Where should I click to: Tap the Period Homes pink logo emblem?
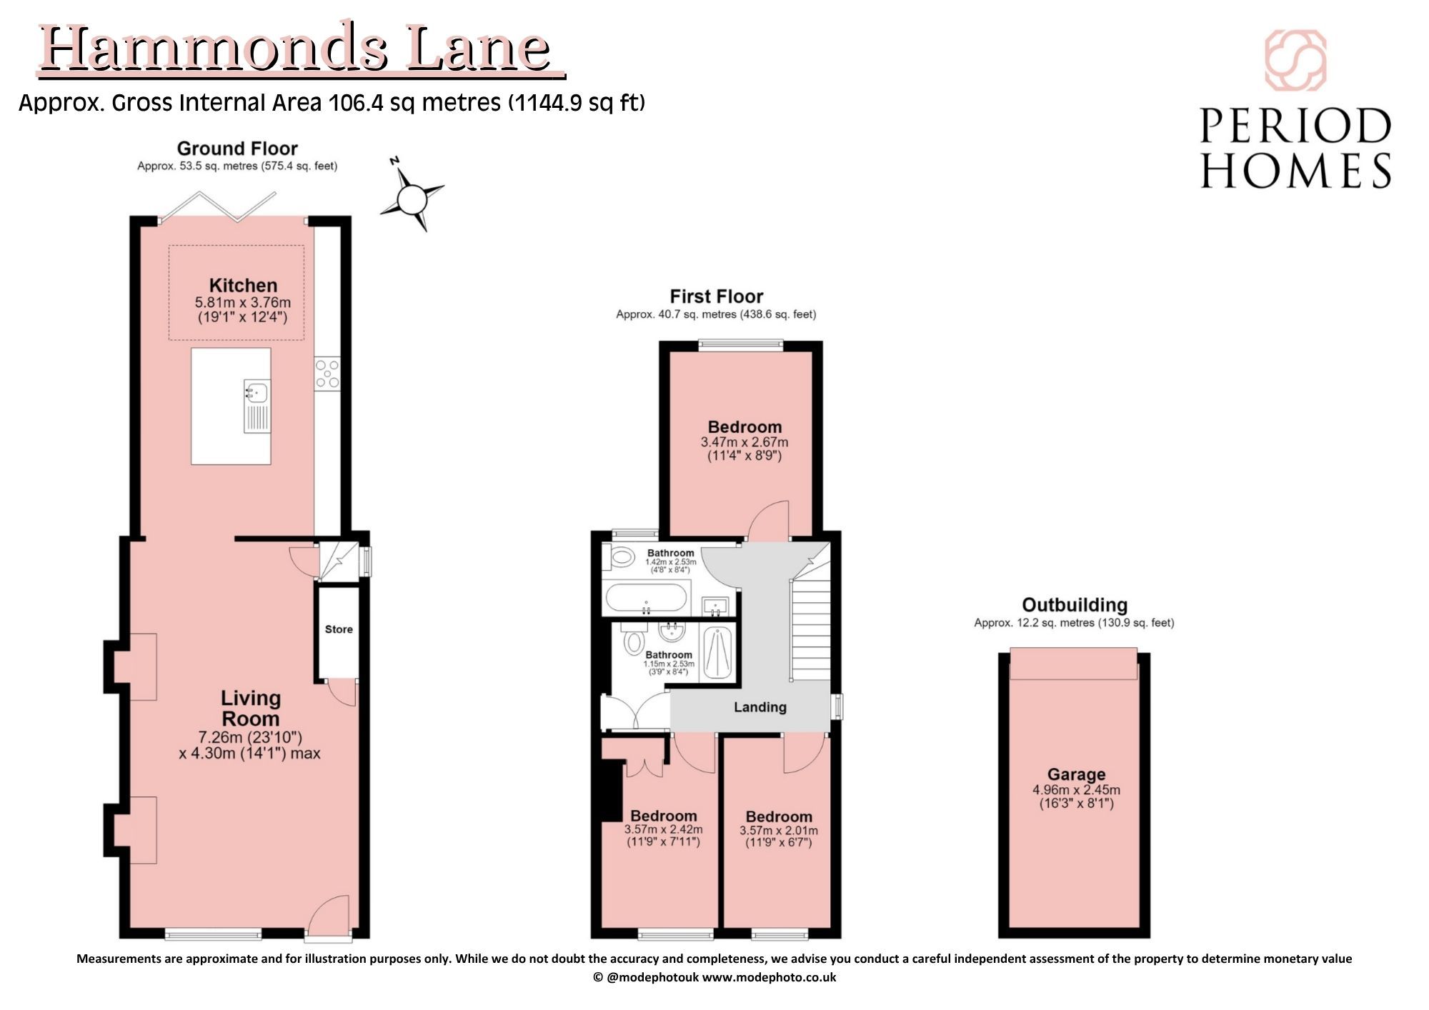[x=1295, y=60]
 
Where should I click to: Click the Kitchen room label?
[x=243, y=285]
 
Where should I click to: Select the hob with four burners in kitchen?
[x=328, y=374]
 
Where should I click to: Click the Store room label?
[x=339, y=629]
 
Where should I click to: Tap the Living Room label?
[x=250, y=708]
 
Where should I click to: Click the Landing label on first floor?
[x=760, y=707]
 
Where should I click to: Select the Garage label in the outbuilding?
[x=1076, y=774]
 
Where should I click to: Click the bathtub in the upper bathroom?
[x=647, y=599]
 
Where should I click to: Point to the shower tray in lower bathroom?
[x=717, y=652]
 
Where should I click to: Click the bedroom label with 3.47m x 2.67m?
[x=745, y=427]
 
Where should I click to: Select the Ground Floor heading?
[x=237, y=149]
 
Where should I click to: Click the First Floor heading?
[x=716, y=296]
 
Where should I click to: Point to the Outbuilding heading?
[x=1075, y=605]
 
